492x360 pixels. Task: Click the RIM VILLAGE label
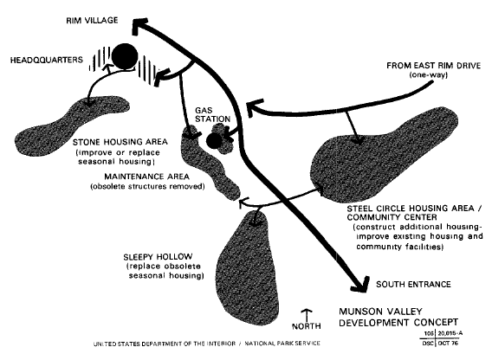[x=92, y=21]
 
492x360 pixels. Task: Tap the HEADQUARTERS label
[x=47, y=60]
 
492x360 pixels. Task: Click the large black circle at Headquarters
[x=125, y=56]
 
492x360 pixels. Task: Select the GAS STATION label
[x=212, y=115]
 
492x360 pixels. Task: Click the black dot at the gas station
[x=214, y=140]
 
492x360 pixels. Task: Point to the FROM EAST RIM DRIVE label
[x=433, y=66]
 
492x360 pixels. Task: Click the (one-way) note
[x=428, y=75]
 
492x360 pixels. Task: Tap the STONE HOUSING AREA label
[x=120, y=142]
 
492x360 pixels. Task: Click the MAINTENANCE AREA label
[x=147, y=177]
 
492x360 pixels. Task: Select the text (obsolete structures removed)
[x=147, y=186]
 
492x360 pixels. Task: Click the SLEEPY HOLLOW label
[x=158, y=256]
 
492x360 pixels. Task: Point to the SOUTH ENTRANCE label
[x=413, y=285]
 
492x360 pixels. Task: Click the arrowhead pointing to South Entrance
[x=360, y=285]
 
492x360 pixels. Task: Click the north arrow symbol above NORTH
[x=307, y=314]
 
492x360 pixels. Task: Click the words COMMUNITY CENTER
[x=392, y=217]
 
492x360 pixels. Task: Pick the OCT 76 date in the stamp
[x=448, y=343]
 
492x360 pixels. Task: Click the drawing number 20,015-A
[x=450, y=334]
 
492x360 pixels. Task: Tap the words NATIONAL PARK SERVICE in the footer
[x=282, y=344]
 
